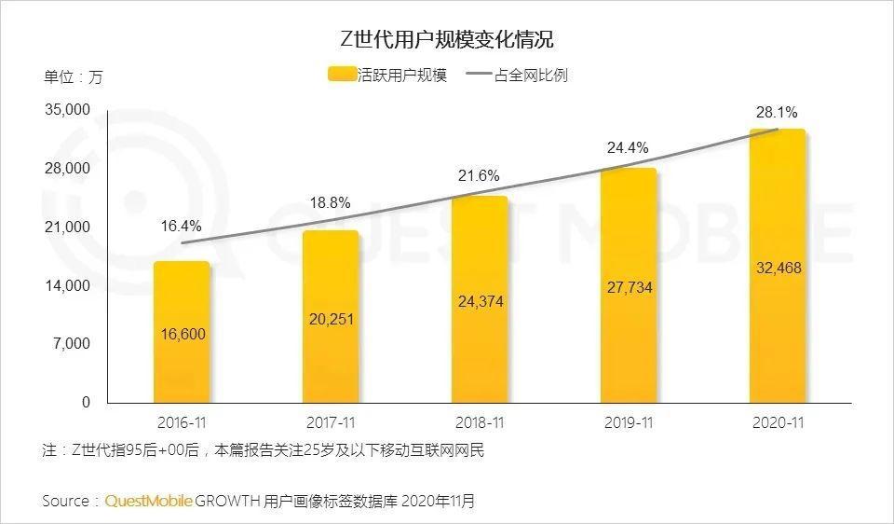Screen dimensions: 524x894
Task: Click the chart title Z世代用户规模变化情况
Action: pyautogui.click(x=446, y=40)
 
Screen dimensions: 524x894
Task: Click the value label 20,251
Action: pyautogui.click(x=331, y=319)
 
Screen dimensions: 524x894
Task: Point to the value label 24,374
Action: pyautogui.click(x=480, y=301)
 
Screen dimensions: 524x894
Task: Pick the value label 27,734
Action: pyautogui.click(x=629, y=287)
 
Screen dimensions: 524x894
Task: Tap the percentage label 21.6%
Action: pyautogui.click(x=478, y=175)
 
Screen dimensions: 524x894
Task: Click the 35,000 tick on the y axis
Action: pyautogui.click(x=67, y=110)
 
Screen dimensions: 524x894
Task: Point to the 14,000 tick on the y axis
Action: pyautogui.click(x=67, y=285)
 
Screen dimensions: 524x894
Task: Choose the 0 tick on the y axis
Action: pyautogui.click(x=86, y=403)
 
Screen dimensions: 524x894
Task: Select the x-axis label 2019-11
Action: pyautogui.click(x=628, y=422)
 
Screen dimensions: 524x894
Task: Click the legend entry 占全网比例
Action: pyautogui.click(x=528, y=76)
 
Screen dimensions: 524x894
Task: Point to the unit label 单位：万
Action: pyautogui.click(x=73, y=76)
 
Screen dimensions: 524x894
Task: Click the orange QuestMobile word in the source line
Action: pyautogui.click(x=148, y=501)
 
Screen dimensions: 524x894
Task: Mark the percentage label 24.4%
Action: pyautogui.click(x=628, y=147)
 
